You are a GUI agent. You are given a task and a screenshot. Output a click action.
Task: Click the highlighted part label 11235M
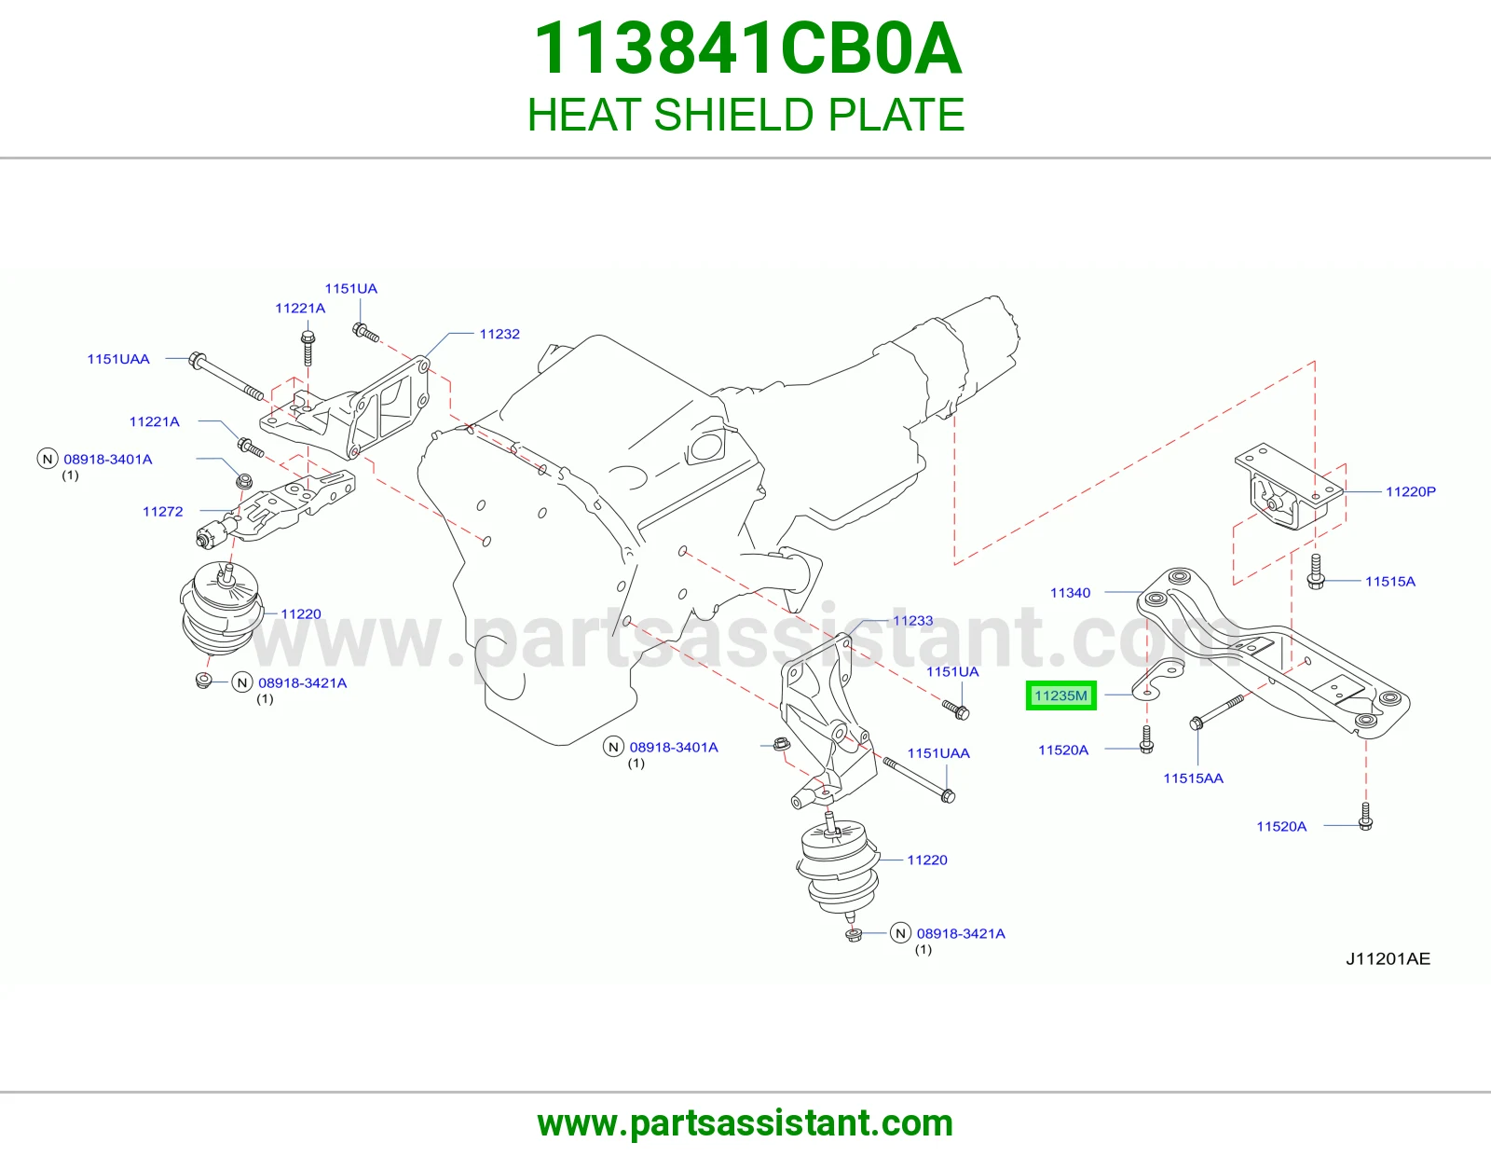coord(1060,695)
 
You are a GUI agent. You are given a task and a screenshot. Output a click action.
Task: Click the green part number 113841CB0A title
coord(747,48)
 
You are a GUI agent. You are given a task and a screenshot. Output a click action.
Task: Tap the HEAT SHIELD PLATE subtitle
coord(745,114)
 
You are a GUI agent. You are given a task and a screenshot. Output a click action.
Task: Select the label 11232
coord(499,335)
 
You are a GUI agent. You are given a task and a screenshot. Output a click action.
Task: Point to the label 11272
coord(163,512)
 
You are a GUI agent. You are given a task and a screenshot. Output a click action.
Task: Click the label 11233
coord(912,621)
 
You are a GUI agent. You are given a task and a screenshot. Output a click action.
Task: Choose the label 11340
coord(1070,592)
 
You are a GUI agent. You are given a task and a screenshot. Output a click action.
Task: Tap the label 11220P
coord(1411,491)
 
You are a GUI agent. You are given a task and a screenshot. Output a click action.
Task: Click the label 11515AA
coord(1193,778)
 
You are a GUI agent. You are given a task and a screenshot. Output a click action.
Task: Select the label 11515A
coord(1390,582)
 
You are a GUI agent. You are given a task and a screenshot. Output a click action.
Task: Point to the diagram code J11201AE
coord(1388,959)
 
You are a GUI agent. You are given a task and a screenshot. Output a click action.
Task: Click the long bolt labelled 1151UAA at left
coord(226,377)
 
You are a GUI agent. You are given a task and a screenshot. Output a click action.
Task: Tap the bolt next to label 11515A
coord(1316,571)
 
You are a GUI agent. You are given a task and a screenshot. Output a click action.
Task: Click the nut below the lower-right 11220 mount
coord(854,935)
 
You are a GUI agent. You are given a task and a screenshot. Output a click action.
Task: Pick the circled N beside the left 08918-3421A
coord(242,682)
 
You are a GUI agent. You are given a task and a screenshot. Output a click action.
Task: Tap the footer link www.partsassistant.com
coord(745,1123)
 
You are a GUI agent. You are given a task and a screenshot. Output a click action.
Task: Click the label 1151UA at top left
coord(350,289)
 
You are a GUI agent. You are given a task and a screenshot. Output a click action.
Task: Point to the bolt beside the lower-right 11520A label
coord(1365,817)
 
